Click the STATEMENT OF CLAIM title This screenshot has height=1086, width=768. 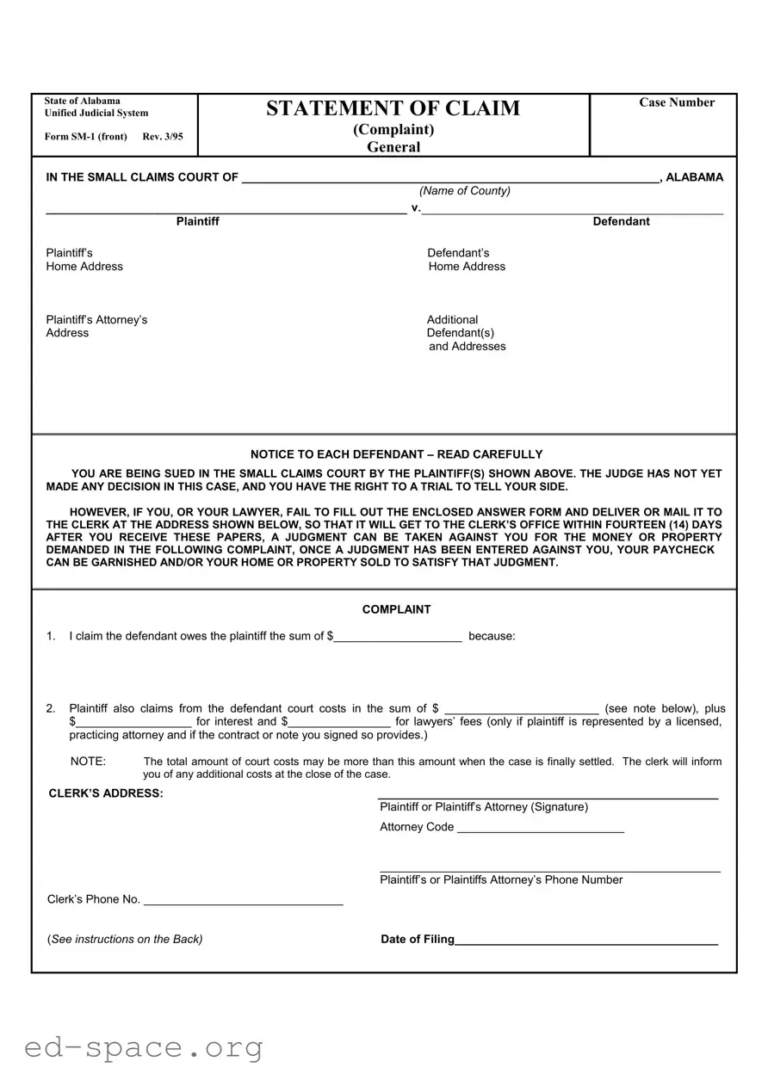(393, 108)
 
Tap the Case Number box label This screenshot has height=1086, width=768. (676, 102)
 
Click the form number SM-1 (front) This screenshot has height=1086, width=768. (86, 137)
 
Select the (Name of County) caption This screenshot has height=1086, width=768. (465, 191)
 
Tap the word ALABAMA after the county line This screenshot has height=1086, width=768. (694, 178)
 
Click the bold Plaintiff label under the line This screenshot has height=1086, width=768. (197, 222)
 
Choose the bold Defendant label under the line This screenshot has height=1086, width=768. (621, 222)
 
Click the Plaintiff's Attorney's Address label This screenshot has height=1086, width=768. (96, 326)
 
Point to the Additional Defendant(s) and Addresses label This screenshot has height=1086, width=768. (466, 333)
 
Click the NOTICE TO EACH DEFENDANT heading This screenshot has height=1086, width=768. (396, 454)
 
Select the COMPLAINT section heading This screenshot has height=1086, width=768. (396, 609)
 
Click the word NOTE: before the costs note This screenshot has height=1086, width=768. (88, 762)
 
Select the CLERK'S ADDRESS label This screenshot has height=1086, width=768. (106, 793)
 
